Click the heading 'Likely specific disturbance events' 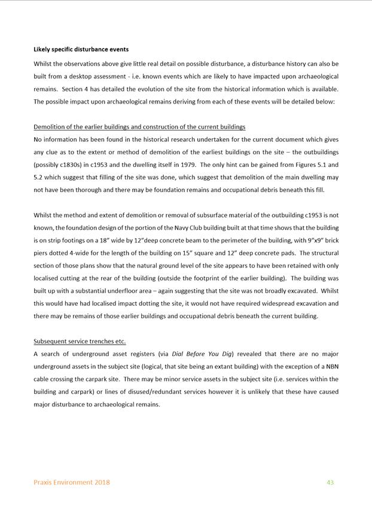click(81, 49)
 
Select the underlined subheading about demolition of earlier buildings click(139, 127)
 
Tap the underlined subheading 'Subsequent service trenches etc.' click(80, 341)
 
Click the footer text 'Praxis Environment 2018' click(72, 482)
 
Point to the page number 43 click(330, 482)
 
